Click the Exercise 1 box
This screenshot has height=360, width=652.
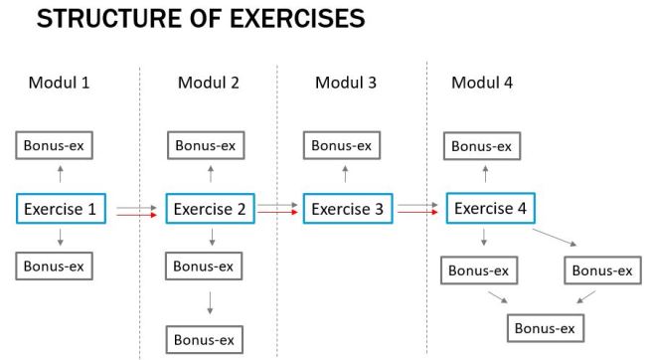61,209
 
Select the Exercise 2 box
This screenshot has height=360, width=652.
210,209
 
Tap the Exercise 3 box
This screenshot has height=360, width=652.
347,209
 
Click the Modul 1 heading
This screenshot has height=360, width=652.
57,82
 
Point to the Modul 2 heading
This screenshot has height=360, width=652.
208,82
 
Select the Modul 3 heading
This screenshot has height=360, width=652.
345,82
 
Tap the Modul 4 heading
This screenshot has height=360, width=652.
482,82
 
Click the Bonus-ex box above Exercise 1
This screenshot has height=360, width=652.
56,145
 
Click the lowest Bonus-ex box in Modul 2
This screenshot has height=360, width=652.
204,338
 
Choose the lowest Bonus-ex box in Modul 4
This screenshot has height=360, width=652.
544,328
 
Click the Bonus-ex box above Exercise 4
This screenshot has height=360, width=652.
483,146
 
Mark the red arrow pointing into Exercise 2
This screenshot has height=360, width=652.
135,214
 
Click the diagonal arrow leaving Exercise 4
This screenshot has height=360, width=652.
554,238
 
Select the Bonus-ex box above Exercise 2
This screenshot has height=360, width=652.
206,145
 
